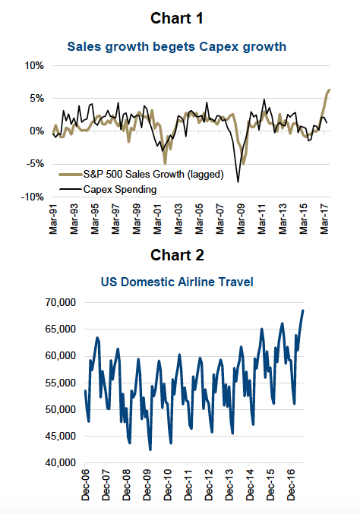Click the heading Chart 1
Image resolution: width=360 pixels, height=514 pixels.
(177, 18)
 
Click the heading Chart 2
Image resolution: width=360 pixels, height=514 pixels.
(177, 255)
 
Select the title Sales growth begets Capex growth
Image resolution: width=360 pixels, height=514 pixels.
(177, 47)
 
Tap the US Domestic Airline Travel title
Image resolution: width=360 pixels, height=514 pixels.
(177, 282)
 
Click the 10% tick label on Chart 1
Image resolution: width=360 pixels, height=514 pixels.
(34, 66)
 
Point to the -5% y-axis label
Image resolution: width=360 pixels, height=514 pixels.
(36, 164)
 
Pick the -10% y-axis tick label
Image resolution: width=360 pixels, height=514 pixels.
(32, 197)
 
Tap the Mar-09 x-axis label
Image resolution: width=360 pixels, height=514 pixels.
(241, 219)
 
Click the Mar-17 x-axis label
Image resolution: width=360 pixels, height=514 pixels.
(324, 219)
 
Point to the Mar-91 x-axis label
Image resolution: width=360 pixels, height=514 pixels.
(53, 219)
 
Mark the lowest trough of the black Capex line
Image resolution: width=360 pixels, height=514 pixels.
(238, 182)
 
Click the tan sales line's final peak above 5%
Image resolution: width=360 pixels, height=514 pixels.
(329, 90)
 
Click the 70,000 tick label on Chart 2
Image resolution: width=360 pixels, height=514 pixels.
(60, 302)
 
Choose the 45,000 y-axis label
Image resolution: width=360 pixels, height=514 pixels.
(60, 436)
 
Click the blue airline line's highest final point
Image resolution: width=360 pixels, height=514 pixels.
(303, 311)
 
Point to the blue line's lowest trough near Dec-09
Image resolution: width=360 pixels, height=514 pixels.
(150, 449)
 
